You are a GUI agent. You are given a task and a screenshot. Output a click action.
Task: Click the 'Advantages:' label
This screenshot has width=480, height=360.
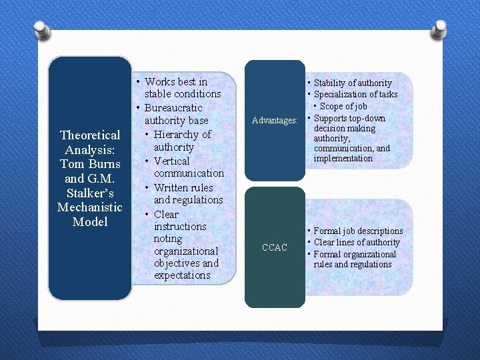pos(274,121)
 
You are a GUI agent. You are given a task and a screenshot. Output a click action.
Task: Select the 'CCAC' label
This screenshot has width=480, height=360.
pos(274,247)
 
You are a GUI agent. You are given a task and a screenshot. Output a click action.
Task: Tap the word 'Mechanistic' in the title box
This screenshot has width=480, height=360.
pos(90,207)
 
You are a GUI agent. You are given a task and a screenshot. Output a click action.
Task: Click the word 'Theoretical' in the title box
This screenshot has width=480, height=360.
pos(90,135)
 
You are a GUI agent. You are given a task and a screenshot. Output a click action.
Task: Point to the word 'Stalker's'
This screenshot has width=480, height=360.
pos(90,193)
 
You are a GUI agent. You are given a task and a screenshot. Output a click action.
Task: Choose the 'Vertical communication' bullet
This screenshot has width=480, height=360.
pos(187,167)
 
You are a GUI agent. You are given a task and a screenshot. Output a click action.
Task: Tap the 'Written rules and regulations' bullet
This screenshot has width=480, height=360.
pos(187,193)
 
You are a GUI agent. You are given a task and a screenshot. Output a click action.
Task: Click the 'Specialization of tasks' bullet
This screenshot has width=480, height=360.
pos(355,95)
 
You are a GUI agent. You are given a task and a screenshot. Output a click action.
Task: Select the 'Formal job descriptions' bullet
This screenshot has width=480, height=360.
pos(357,231)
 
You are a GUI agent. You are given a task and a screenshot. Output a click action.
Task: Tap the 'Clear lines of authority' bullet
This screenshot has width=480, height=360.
pos(356,243)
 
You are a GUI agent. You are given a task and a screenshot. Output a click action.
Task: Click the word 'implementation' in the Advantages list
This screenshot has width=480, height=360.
pos(343,159)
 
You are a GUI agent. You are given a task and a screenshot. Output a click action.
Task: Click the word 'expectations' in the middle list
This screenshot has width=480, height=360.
pos(182,275)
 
